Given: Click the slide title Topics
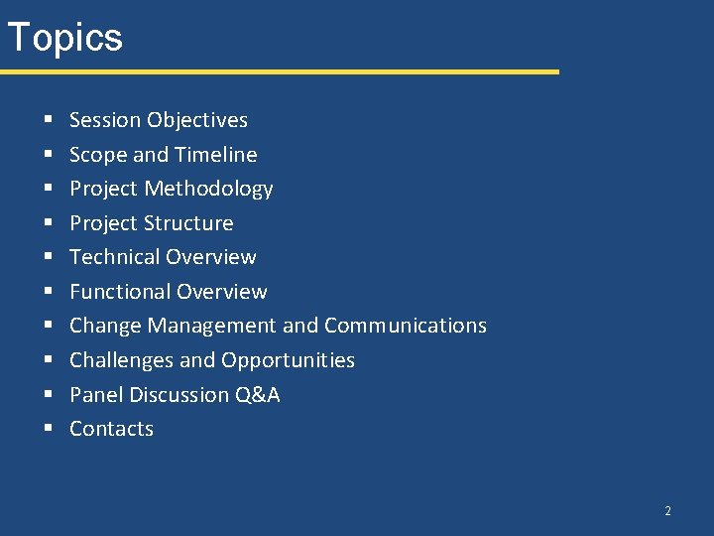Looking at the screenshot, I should click(64, 38).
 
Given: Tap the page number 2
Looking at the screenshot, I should click(667, 511).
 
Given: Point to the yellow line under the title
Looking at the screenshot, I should click(279, 71).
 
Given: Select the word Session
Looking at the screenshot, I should click(105, 120).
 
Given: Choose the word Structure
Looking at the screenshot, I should click(187, 223).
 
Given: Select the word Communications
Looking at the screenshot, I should click(406, 326).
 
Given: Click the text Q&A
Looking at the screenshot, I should click(258, 395).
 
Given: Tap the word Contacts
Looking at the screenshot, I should click(111, 429).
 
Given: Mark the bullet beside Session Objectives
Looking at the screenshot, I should click(48, 121).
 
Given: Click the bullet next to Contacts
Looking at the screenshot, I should click(48, 430).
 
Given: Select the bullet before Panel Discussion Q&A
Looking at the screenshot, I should click(48, 396).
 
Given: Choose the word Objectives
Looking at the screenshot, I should click(197, 120).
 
